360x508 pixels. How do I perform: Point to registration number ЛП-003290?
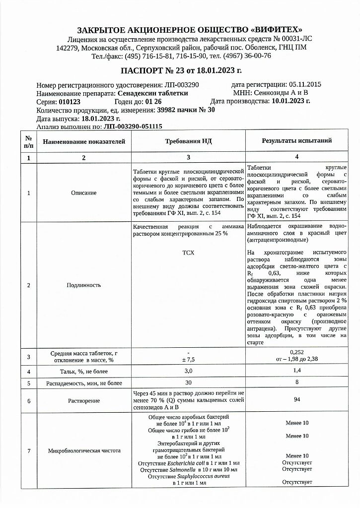tap(181, 85)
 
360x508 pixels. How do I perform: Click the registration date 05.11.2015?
tap(304, 84)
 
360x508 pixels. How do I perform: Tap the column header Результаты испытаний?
tap(296, 141)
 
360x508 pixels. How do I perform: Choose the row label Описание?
tap(83, 192)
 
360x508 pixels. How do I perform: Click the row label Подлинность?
tap(83, 285)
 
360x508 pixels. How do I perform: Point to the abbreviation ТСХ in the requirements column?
tap(188, 253)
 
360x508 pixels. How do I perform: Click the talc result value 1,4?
tap(296, 371)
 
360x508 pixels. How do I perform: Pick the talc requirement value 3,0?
tap(188, 371)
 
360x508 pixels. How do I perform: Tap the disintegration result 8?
tap(296, 383)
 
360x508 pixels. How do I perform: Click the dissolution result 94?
tap(296, 399)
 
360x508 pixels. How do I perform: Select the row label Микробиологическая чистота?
tap(83, 451)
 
